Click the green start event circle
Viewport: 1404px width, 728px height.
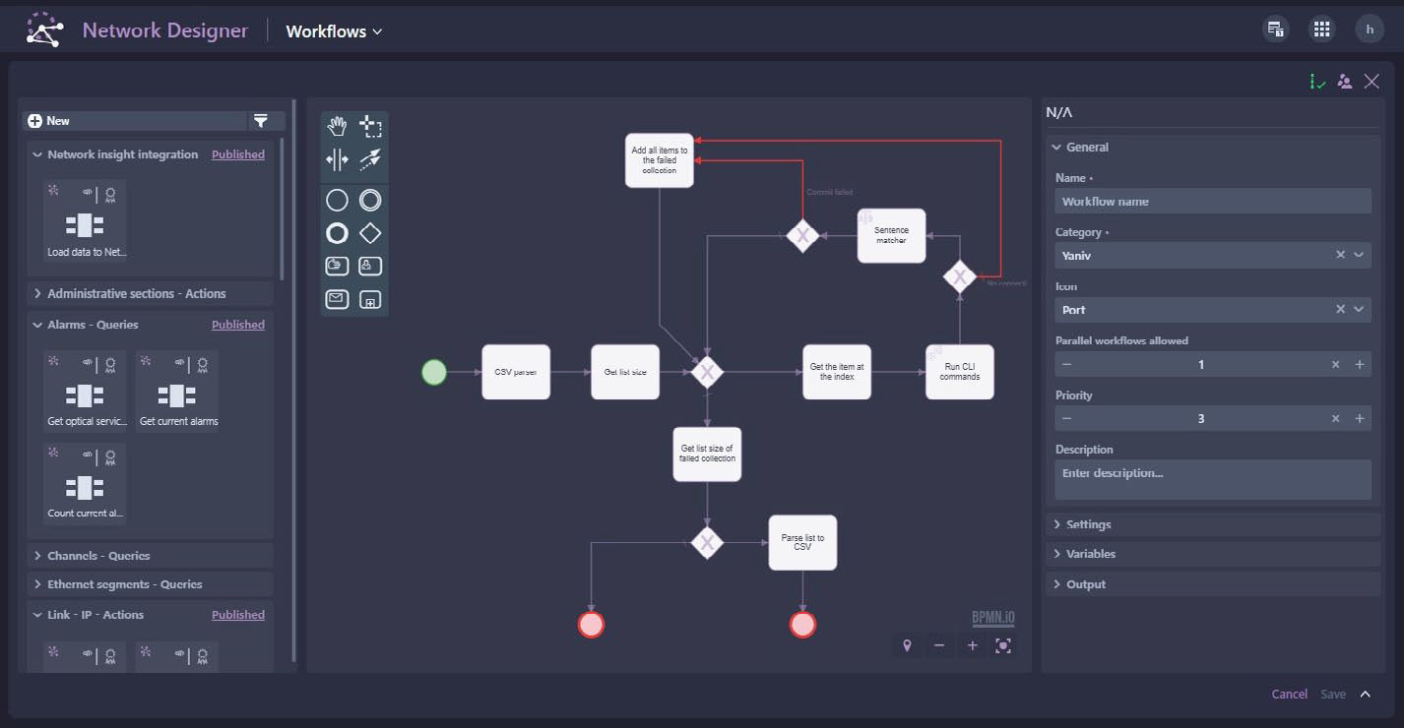pos(434,372)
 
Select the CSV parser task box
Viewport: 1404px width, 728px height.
pos(516,372)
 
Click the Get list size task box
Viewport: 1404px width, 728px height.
pos(625,372)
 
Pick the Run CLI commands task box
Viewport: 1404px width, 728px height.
pos(959,372)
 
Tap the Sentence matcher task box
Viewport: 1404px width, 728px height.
pos(891,236)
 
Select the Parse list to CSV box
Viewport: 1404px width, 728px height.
pos(802,543)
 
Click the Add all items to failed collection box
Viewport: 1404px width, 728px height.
pos(660,160)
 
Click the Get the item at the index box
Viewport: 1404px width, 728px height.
pos(836,372)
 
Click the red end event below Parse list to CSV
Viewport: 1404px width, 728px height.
pos(802,625)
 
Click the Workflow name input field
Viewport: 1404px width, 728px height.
pos(1212,202)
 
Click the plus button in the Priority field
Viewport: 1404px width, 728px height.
pos(1360,419)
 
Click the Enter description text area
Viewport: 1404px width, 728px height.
pos(1212,479)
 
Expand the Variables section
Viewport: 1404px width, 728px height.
pos(1091,554)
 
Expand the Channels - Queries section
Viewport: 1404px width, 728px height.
pos(98,556)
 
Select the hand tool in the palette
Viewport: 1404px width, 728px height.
pos(338,126)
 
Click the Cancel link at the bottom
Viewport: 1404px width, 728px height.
pos(1289,695)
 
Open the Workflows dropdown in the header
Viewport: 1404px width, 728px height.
pos(334,31)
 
